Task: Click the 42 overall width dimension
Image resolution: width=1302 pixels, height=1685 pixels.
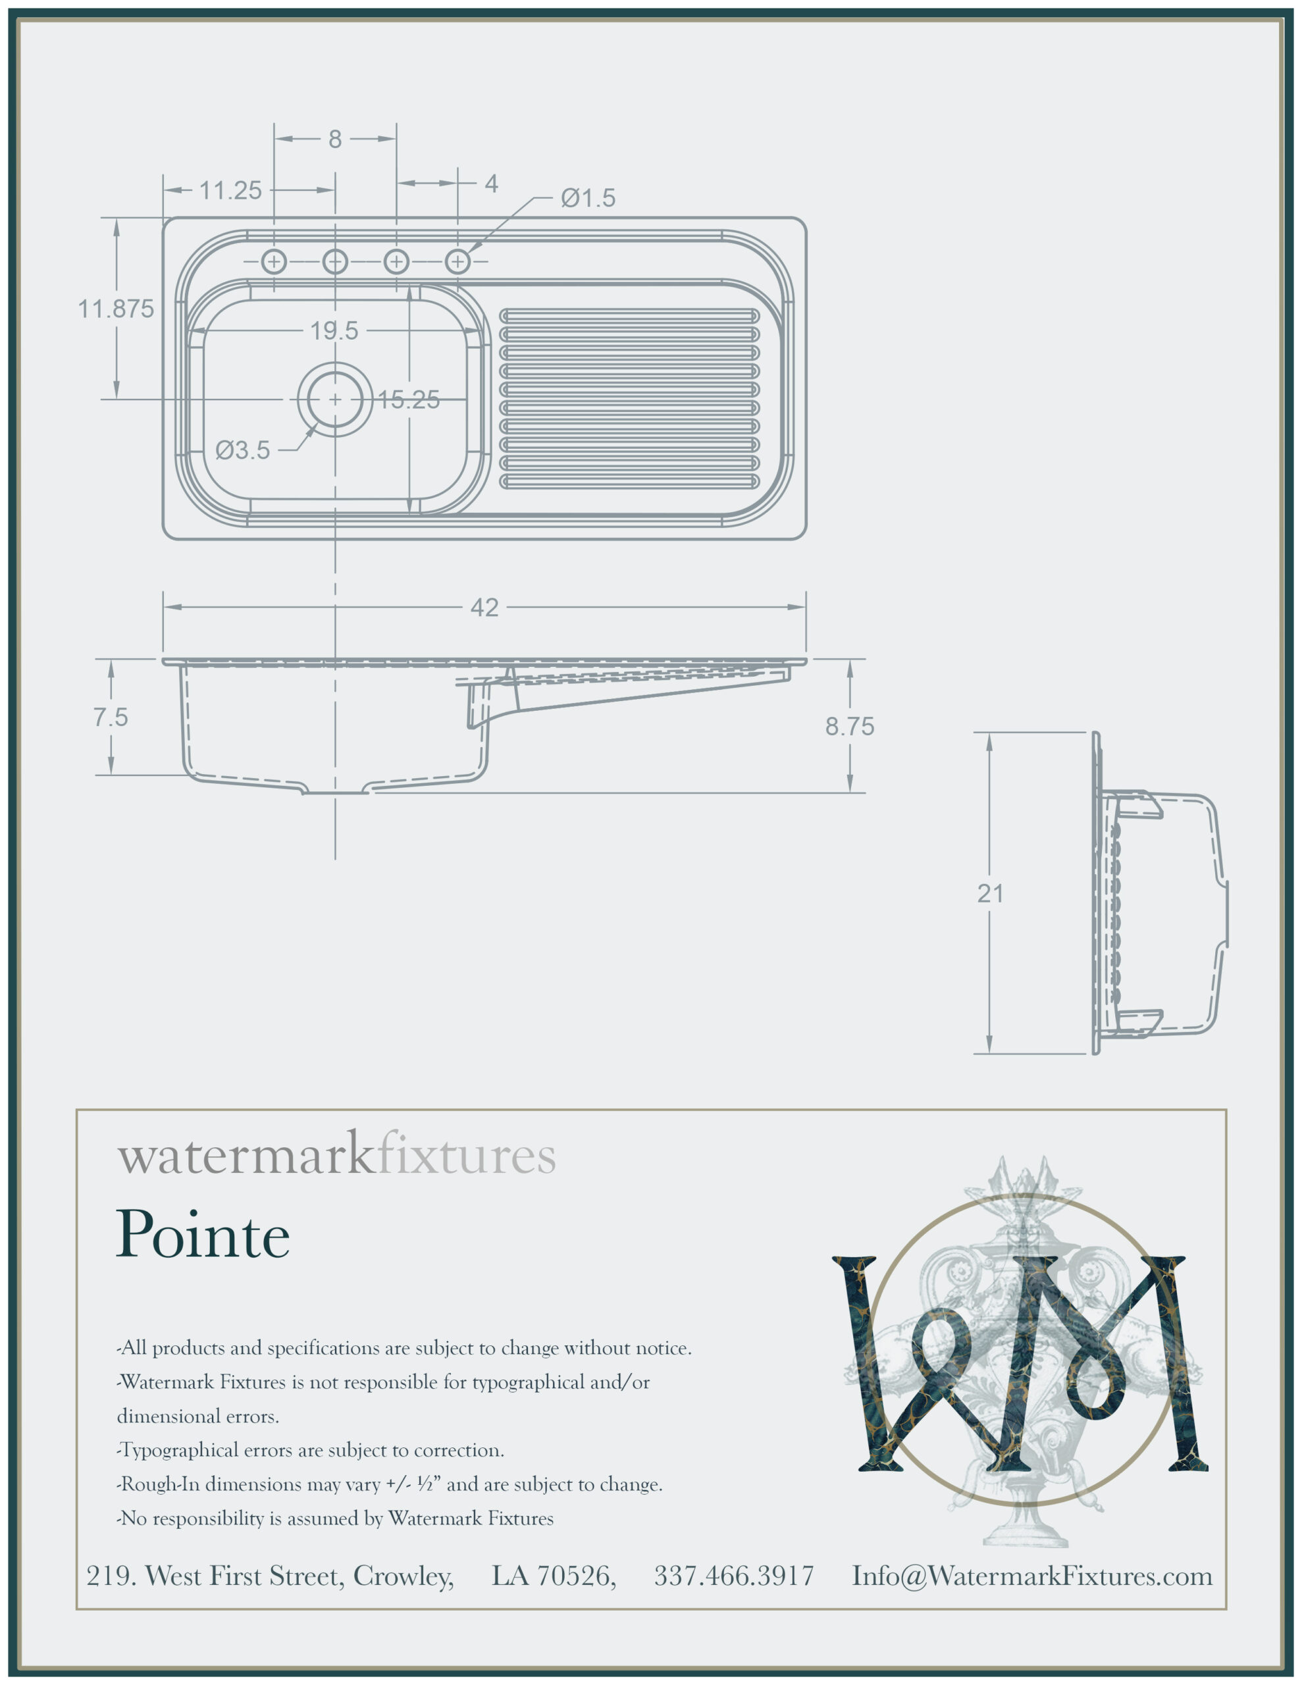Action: click(x=484, y=608)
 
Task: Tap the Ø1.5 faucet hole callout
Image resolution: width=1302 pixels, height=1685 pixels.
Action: click(x=588, y=198)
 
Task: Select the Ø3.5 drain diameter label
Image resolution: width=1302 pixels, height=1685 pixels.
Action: click(x=243, y=450)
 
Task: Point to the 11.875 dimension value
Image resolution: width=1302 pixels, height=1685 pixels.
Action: click(x=116, y=309)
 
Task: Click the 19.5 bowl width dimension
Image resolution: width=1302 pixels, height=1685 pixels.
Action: click(x=334, y=331)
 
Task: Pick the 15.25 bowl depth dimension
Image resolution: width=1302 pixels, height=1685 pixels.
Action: click(x=408, y=400)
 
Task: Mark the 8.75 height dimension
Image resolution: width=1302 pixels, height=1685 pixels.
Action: click(x=849, y=726)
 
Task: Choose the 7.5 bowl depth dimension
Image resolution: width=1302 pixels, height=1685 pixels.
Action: click(x=111, y=717)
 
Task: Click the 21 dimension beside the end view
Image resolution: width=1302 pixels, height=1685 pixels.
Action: click(x=990, y=893)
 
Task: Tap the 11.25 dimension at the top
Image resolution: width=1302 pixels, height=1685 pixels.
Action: click(x=231, y=190)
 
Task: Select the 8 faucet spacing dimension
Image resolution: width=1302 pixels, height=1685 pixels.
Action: click(x=335, y=139)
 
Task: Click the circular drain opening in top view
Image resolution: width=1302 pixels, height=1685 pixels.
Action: click(x=335, y=399)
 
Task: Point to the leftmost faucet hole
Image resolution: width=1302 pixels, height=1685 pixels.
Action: click(x=274, y=261)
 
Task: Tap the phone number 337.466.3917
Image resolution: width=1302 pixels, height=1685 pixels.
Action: click(x=734, y=1576)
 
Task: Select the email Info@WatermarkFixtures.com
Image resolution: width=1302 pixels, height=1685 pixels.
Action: click(x=1032, y=1576)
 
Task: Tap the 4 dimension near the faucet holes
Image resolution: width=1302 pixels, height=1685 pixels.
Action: click(x=491, y=184)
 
